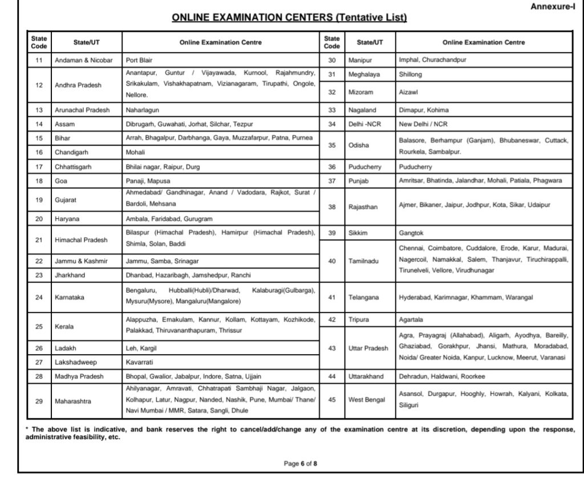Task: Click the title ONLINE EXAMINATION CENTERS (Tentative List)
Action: pos(289,18)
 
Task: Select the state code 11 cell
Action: pos(39,59)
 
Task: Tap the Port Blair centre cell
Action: pos(139,59)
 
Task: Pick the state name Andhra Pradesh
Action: pos(78,85)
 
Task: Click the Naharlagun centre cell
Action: pos(143,110)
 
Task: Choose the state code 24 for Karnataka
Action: pos(39,297)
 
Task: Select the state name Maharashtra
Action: pos(73,401)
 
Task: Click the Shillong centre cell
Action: pos(411,74)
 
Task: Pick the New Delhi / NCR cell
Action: pos(423,123)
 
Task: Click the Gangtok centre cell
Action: pos(411,234)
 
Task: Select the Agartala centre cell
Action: pos(411,320)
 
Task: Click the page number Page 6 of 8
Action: pos(300,464)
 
